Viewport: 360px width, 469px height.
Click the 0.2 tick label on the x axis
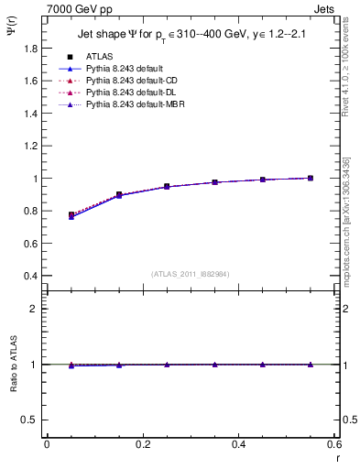[142, 444]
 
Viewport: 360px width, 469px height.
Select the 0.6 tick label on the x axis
[333, 444]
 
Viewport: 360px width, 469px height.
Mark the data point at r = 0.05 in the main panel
[71, 215]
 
